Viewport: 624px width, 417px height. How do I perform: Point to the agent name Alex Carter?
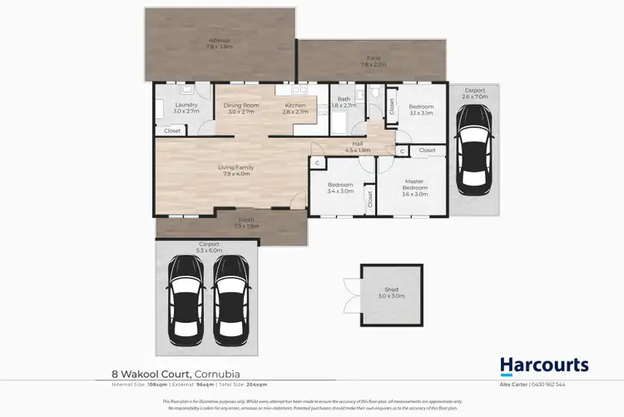[x=535, y=385]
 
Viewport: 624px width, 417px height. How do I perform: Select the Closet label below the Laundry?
[x=172, y=131]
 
